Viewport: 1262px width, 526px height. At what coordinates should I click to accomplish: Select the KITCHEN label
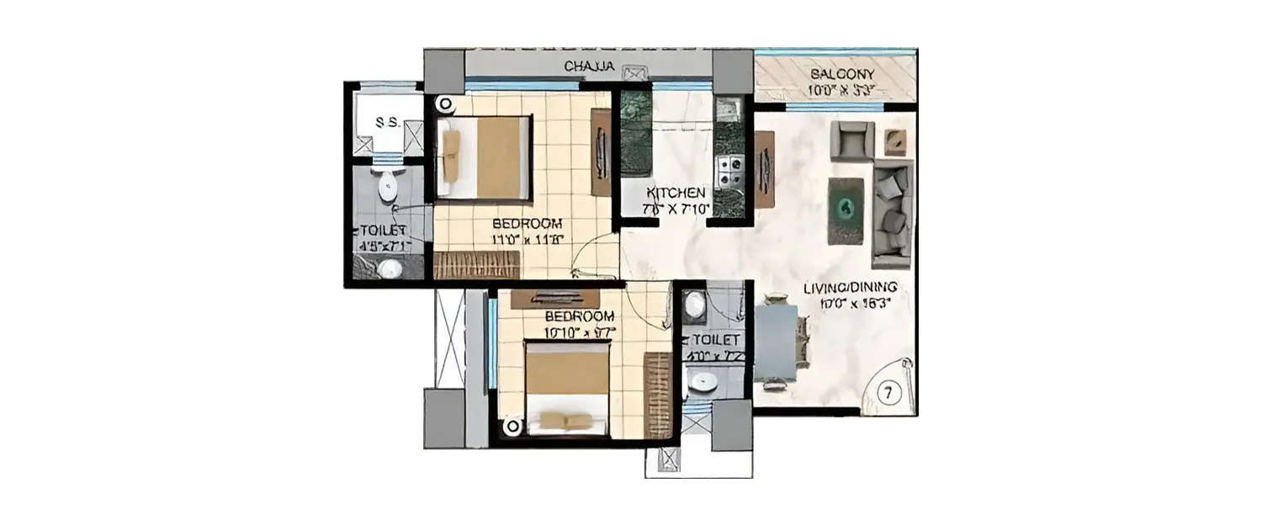click(676, 193)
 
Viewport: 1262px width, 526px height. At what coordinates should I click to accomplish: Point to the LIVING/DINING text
click(849, 288)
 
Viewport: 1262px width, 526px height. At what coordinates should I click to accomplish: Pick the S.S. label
click(386, 123)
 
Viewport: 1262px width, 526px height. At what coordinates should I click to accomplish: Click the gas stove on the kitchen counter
click(726, 171)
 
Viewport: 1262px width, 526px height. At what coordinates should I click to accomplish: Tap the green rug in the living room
click(846, 210)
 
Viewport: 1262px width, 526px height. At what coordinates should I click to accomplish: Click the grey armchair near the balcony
click(851, 140)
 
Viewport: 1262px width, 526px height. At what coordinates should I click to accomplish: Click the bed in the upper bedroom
click(485, 158)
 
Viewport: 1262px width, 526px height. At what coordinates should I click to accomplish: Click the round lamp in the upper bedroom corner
click(444, 105)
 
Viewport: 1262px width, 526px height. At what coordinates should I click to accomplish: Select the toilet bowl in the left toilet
click(387, 187)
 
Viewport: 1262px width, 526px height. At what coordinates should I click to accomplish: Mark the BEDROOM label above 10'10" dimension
click(579, 316)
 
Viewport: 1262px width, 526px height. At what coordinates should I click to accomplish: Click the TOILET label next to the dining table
click(714, 340)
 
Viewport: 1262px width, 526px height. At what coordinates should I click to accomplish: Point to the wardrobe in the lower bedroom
click(657, 394)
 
